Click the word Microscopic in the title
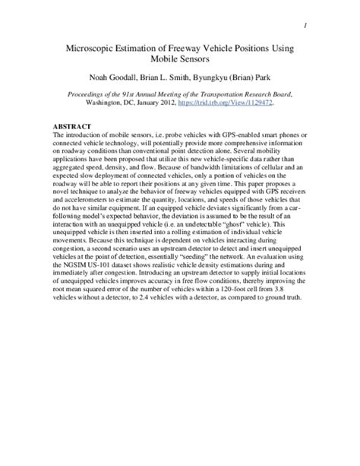click(94, 48)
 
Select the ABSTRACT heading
click(71, 125)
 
